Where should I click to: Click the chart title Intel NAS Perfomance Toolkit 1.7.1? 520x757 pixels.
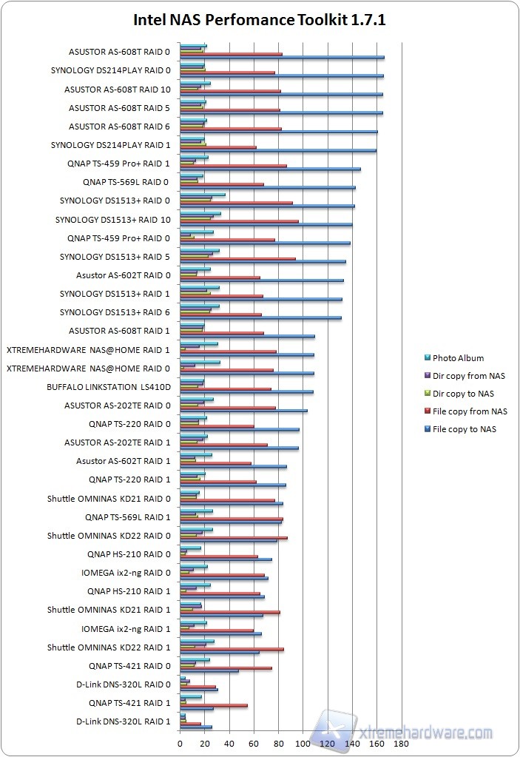click(260, 21)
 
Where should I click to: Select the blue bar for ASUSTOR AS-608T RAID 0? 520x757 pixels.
click(281, 57)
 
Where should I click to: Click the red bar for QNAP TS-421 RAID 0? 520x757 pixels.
click(226, 668)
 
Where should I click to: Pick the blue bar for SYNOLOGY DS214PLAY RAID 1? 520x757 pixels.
click(277, 150)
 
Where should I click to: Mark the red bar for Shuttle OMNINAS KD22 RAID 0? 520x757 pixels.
click(233, 538)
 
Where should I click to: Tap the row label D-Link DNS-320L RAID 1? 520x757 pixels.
click(124, 721)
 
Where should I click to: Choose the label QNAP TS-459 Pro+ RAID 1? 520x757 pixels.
click(118, 164)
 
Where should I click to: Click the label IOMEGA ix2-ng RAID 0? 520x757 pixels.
click(126, 573)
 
